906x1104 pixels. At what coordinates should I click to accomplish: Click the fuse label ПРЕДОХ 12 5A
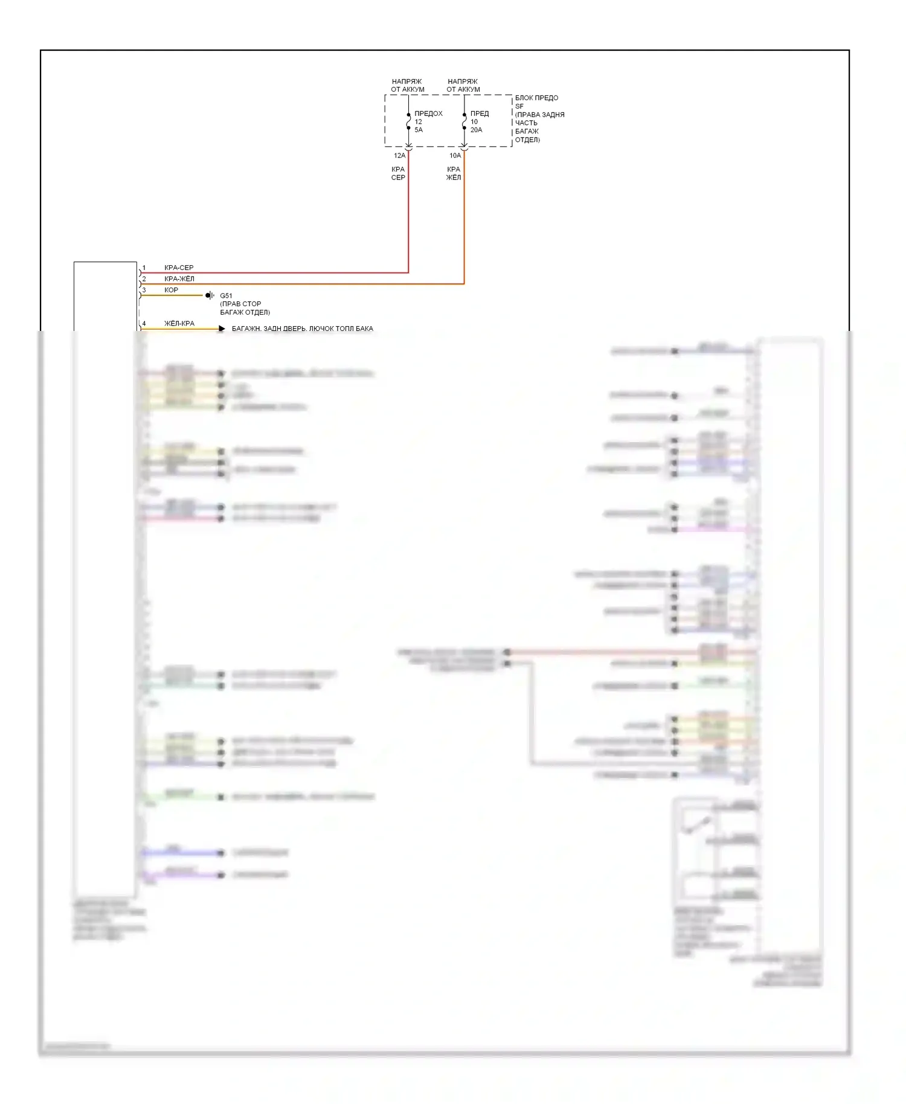pos(428,121)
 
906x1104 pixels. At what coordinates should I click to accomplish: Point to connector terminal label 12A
pos(399,156)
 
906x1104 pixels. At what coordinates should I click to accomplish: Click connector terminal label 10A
pos(455,156)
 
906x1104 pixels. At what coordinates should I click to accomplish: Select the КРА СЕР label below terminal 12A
pos(398,173)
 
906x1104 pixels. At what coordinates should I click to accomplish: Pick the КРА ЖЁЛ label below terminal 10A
pos(454,173)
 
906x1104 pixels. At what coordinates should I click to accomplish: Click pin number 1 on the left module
pos(144,268)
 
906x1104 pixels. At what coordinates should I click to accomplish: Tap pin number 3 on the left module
pos(144,290)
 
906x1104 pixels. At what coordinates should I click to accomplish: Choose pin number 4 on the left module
pos(144,324)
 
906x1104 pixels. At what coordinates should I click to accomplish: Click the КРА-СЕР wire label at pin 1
pos(179,268)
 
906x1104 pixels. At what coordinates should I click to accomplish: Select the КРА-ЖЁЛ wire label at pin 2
pos(179,279)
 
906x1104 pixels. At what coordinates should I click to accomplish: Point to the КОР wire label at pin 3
pos(171,290)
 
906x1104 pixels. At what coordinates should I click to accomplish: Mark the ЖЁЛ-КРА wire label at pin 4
pos(179,324)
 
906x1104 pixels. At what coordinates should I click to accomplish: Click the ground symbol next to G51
pos(209,295)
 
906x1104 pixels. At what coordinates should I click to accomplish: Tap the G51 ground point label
pos(226,296)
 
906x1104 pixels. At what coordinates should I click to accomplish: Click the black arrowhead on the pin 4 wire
pos(222,329)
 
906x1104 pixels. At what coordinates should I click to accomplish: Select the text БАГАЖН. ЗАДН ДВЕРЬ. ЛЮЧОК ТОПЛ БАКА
pos(302,329)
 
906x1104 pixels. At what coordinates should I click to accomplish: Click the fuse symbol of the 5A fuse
pos(408,121)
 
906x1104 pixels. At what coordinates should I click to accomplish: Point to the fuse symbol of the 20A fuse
pos(464,121)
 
